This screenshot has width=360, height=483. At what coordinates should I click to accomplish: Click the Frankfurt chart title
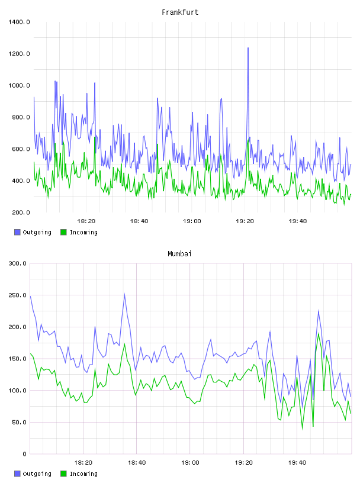click(x=180, y=12)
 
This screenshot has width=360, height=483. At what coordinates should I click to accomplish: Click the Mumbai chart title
click(x=179, y=254)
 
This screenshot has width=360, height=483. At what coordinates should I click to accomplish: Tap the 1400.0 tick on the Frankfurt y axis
click(x=19, y=22)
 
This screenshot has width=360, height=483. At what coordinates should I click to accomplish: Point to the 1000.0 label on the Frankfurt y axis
click(x=19, y=85)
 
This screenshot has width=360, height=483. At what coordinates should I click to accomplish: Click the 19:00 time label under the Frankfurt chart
click(x=192, y=221)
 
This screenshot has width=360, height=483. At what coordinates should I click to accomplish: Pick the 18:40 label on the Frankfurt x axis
click(x=139, y=221)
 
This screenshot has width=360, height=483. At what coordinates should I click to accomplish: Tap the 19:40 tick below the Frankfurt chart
click(x=298, y=221)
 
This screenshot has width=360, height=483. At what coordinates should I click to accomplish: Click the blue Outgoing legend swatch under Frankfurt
click(x=17, y=232)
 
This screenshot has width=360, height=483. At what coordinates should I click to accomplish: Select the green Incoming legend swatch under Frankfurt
click(x=63, y=232)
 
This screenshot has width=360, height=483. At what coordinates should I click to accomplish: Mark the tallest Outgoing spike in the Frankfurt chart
click(x=248, y=48)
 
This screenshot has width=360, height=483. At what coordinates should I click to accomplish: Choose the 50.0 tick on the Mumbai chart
click(x=20, y=422)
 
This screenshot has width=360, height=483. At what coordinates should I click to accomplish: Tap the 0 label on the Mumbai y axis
click(x=25, y=454)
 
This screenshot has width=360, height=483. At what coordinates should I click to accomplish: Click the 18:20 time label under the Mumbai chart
click(x=83, y=463)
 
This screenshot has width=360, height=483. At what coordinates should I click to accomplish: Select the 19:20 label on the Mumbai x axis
click(x=243, y=463)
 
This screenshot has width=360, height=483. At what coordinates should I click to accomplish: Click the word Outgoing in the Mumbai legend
click(x=37, y=474)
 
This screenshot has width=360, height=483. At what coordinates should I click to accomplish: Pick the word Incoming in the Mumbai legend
click(x=83, y=474)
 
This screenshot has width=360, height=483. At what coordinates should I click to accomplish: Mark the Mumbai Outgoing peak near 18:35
click(x=124, y=294)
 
